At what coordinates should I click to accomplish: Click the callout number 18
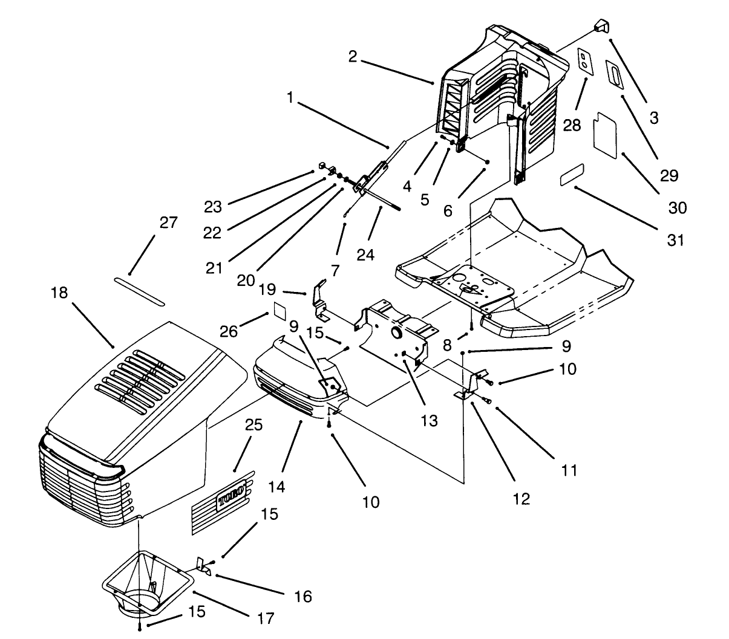coord(60,293)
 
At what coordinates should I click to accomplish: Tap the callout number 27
coord(168,222)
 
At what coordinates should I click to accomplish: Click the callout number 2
coord(353,57)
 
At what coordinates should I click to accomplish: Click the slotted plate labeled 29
coord(615,75)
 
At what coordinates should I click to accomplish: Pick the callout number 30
coord(678,207)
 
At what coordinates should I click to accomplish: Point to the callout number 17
coord(266,618)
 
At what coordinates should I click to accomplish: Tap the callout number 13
coord(429,421)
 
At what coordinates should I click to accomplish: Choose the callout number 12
coord(521,498)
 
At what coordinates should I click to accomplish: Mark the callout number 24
coord(365,255)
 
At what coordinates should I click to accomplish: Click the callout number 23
coord(212,207)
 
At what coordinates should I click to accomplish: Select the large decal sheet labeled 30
coord(604,133)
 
